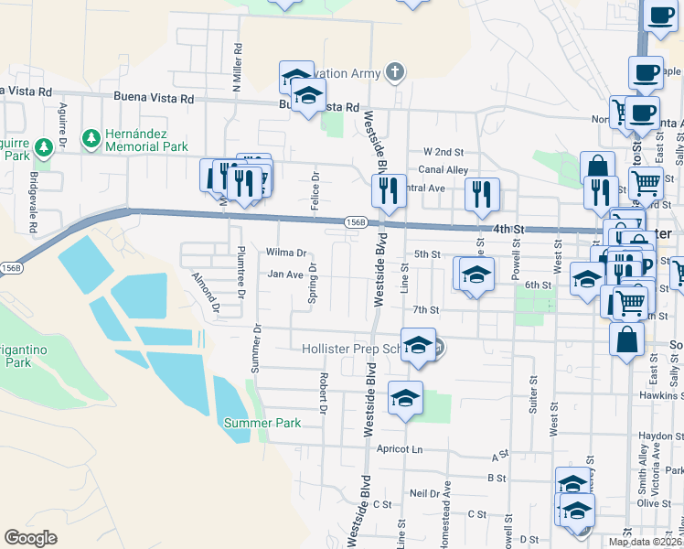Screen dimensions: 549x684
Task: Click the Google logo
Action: point(30,538)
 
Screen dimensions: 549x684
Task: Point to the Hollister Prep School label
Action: point(353,349)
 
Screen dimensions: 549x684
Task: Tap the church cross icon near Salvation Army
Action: point(394,71)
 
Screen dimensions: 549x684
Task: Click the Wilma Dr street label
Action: point(285,253)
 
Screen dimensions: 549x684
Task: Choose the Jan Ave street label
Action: point(284,274)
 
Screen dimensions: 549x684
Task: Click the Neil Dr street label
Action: point(425,492)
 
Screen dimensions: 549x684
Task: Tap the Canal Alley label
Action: point(444,169)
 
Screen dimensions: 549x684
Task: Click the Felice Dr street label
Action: point(315,190)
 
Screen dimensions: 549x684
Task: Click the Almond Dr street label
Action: point(206,292)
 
